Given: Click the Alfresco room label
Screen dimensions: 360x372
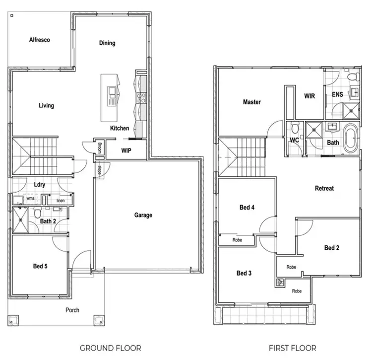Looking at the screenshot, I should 40,40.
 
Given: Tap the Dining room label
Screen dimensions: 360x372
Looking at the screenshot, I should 107,43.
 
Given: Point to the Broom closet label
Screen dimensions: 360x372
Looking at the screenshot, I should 100,147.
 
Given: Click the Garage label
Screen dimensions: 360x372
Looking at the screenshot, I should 143,215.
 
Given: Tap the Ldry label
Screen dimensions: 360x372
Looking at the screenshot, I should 40,185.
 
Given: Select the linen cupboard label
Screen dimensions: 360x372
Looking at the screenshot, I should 61,200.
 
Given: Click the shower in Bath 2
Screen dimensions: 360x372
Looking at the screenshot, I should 22,220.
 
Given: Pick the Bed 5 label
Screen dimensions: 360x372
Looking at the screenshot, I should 40,266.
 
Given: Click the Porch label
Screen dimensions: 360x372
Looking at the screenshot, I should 72,310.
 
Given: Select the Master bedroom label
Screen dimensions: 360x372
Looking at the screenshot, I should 251,102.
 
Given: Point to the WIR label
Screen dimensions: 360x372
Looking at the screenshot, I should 310,96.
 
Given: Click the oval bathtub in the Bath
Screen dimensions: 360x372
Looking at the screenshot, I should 350,139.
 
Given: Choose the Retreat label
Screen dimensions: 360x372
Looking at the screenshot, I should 324,188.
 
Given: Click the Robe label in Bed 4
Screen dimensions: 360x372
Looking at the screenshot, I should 238,240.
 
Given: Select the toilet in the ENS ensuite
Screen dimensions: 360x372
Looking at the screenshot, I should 353,77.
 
